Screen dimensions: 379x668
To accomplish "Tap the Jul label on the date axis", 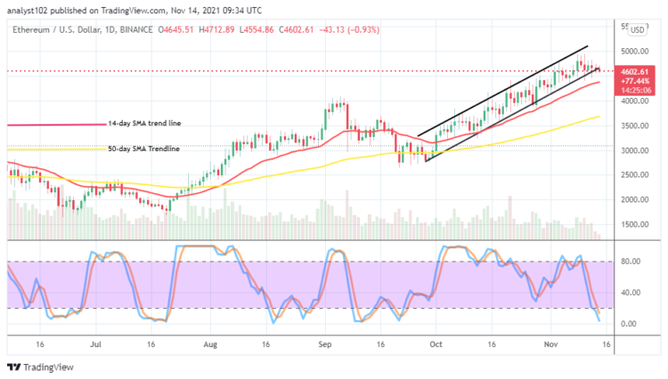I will [x=94, y=342].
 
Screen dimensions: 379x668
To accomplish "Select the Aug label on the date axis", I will [x=210, y=342].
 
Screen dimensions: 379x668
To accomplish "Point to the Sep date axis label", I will [x=325, y=342].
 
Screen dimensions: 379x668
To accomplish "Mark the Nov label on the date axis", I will [x=551, y=342].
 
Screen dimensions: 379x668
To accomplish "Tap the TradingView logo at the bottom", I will [x=41, y=367].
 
